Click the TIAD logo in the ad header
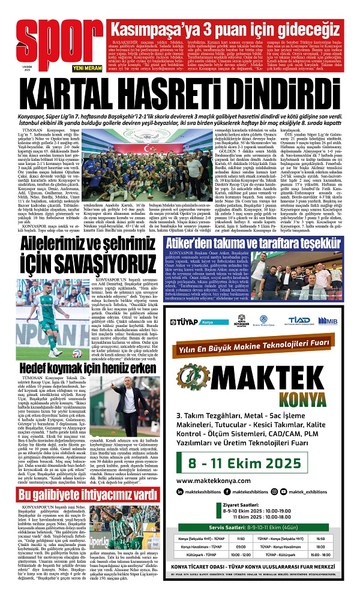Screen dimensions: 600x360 [x=298, y=320]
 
